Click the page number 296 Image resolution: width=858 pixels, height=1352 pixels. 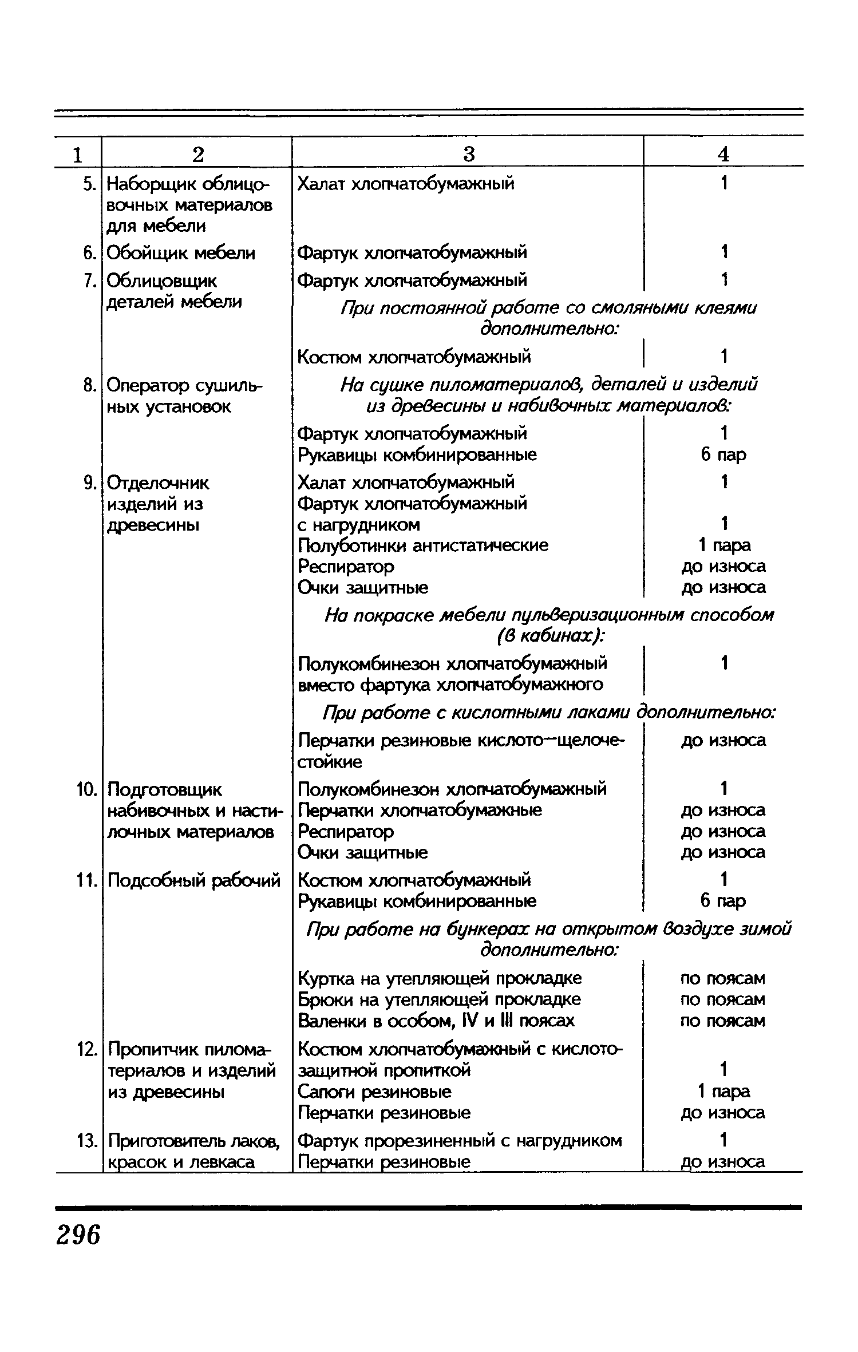pos(78,1234)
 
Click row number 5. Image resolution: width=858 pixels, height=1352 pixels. pos(88,184)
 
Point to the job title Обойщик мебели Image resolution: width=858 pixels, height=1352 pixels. pos(181,253)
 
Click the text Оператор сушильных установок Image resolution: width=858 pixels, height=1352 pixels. pos(184,396)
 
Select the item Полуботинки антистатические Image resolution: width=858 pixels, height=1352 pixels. pos(423,545)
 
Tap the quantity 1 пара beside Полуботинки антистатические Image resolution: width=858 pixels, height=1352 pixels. pos(723,545)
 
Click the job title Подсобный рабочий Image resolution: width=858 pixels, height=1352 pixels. pos(194,880)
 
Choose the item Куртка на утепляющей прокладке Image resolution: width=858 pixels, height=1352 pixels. pos(440,978)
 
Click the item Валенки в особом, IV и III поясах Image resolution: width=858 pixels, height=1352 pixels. pos(436,1021)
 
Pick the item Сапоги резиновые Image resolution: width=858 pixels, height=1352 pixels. pos(374,1092)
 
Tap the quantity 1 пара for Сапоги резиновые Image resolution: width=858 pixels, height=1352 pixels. pos(723,1092)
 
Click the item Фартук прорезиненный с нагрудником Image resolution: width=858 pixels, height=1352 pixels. pos(460,1141)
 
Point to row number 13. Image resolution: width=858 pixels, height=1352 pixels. pos(86,1141)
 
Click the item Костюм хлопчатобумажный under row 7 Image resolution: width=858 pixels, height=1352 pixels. pos(414,357)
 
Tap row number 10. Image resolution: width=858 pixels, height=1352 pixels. pos(86,790)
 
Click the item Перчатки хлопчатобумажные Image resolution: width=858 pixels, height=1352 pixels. pos(420,811)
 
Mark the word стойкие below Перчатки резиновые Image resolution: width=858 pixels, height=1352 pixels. pos(330,762)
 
